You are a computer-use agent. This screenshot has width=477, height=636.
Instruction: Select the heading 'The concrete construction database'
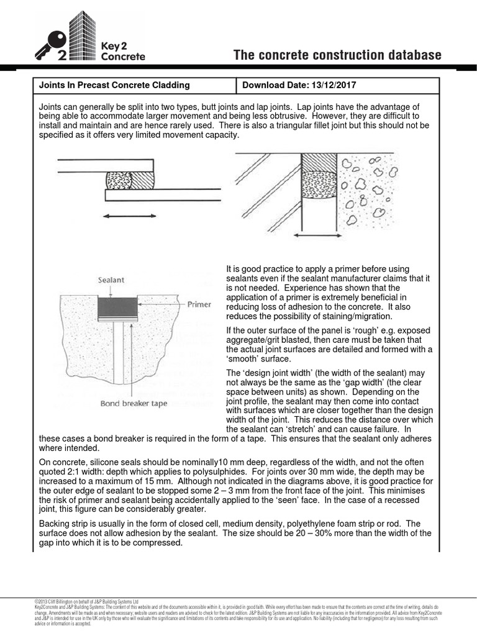[337, 56]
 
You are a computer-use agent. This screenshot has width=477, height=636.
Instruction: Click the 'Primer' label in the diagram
[199, 305]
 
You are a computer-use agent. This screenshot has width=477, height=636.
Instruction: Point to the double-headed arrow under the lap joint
[130, 216]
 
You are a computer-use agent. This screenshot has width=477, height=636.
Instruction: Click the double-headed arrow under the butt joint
[317, 236]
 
